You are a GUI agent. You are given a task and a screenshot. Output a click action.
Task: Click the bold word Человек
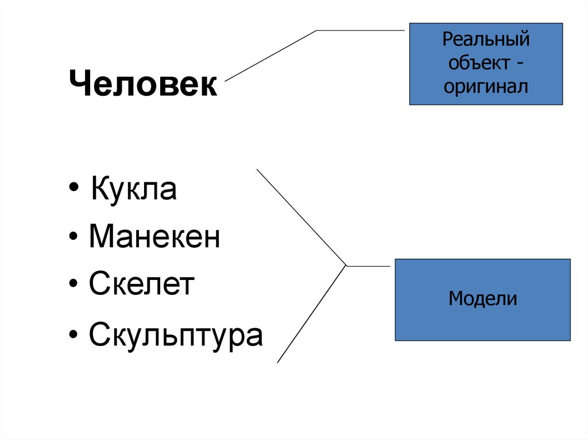click(144, 85)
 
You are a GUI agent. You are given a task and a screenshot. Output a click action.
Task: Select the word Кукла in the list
click(133, 190)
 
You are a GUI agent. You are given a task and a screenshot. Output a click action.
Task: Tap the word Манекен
click(154, 237)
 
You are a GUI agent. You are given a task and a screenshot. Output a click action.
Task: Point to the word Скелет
click(142, 285)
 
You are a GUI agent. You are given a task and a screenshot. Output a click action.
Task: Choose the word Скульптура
click(176, 335)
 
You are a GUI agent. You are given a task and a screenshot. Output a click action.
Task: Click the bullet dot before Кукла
click(76, 191)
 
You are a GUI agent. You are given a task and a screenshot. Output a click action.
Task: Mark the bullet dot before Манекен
click(76, 238)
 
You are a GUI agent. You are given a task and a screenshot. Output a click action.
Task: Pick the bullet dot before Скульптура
click(76, 336)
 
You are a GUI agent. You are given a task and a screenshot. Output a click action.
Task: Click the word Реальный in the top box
click(486, 41)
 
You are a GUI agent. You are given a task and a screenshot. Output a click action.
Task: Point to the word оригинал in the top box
click(486, 87)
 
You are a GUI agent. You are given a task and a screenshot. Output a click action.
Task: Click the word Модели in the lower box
click(483, 299)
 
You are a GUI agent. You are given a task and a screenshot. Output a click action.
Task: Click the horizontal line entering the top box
click(362, 30)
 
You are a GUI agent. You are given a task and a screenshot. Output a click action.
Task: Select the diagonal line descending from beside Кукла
click(301, 217)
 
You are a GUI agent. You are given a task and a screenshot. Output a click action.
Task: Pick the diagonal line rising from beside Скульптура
click(312, 314)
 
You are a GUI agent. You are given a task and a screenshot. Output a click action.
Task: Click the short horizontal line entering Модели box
click(370, 266)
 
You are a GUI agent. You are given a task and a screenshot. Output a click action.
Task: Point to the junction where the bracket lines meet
click(346, 266)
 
